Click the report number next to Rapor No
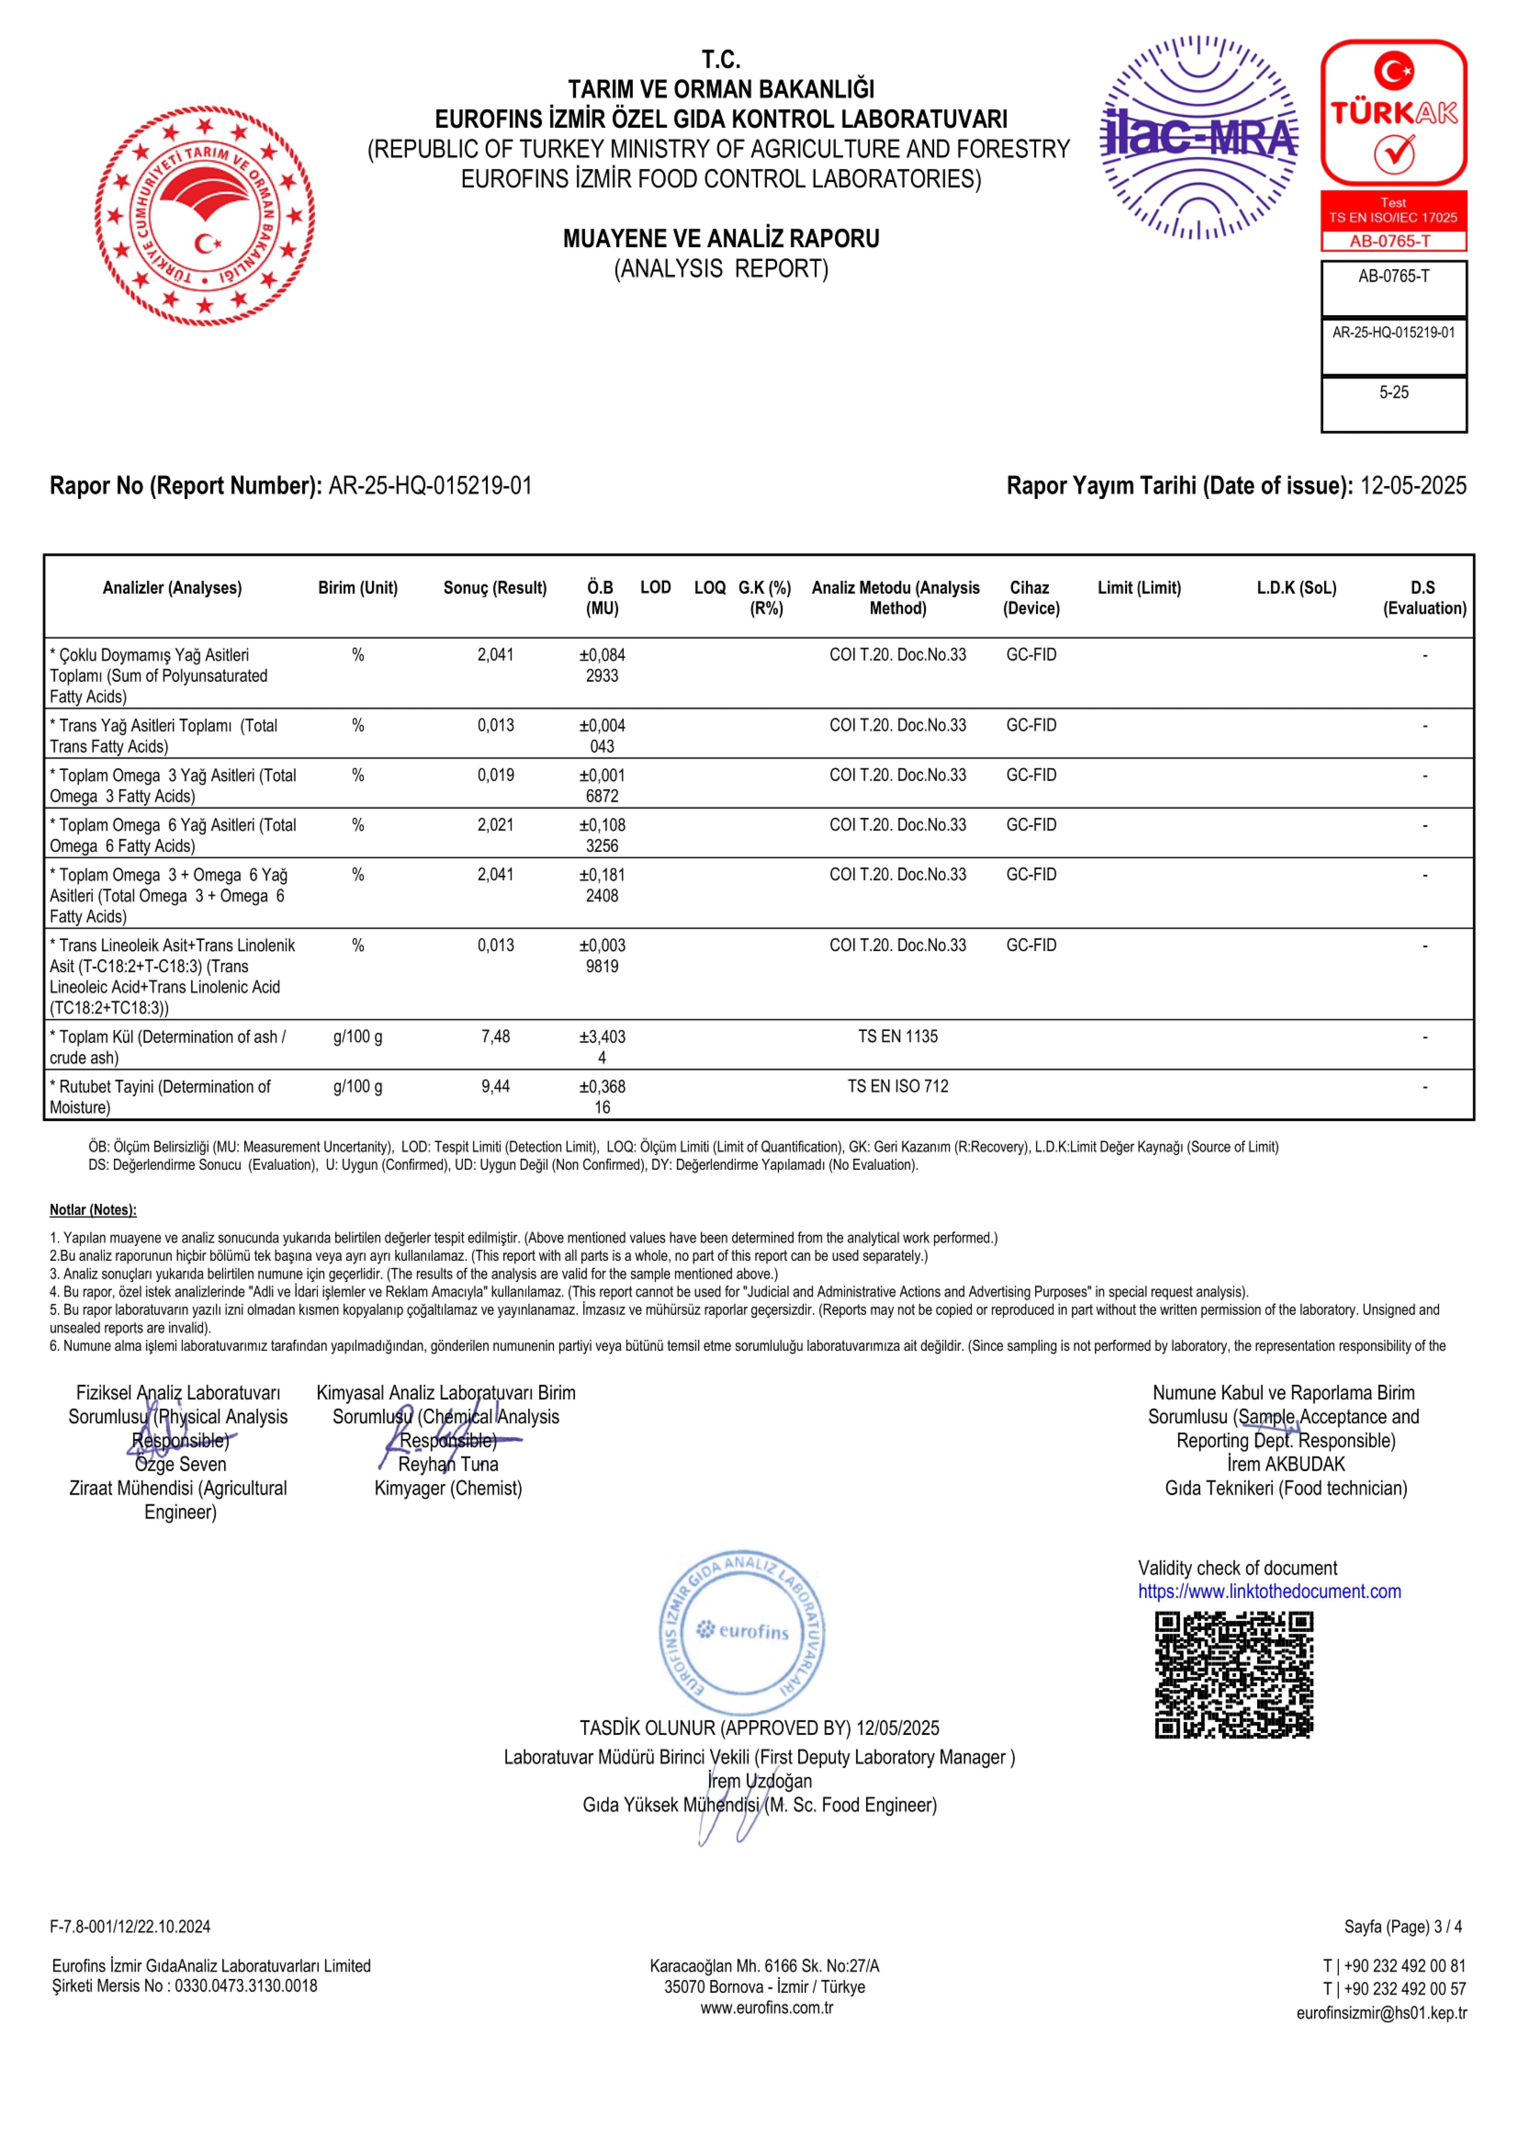pyautogui.click(x=430, y=486)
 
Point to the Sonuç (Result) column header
pyautogui.click(x=495, y=588)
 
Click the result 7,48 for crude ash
pyautogui.click(x=495, y=1037)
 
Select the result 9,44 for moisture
pyautogui.click(x=495, y=1087)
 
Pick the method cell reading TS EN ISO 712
pyautogui.click(x=897, y=1087)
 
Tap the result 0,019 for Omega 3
pyautogui.click(x=495, y=775)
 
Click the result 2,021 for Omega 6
pyautogui.click(x=495, y=825)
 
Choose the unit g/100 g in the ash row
pyautogui.click(x=357, y=1037)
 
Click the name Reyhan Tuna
pyautogui.click(x=448, y=1464)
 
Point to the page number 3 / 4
pyautogui.click(x=1447, y=1926)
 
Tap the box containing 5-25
pyautogui.click(x=1393, y=403)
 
